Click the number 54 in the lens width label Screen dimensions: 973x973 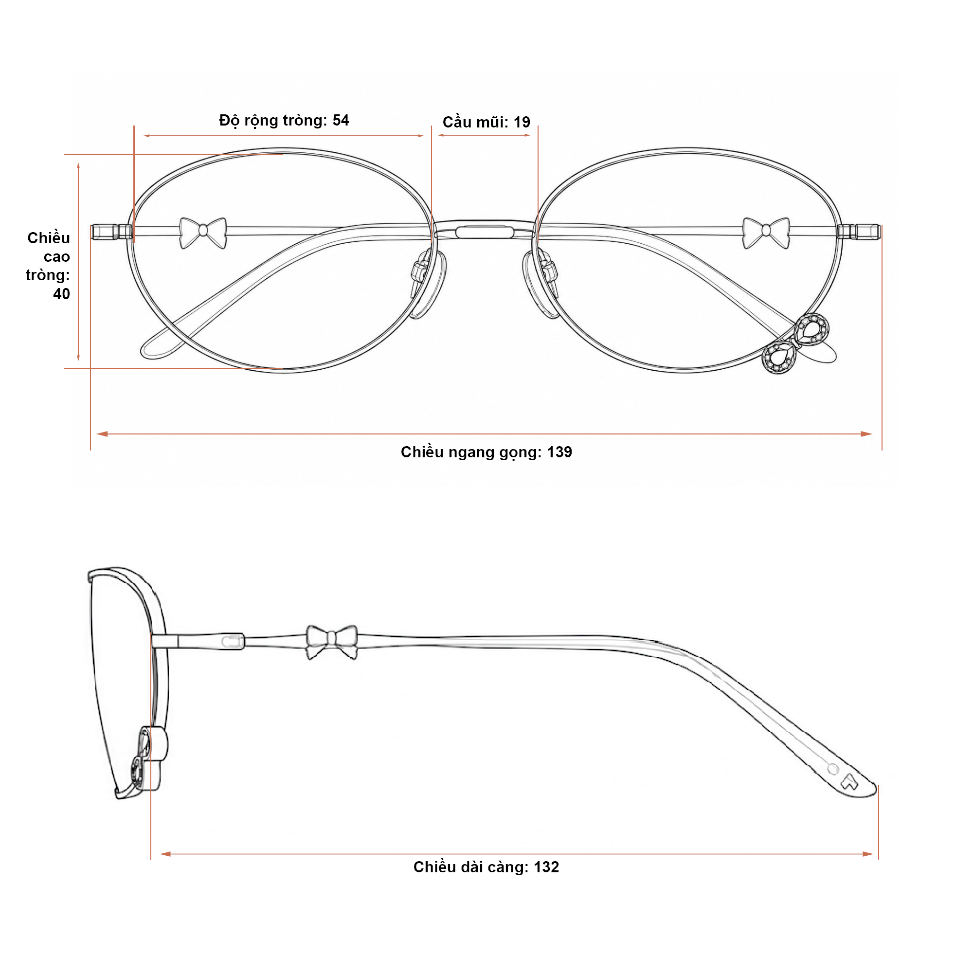pos(341,120)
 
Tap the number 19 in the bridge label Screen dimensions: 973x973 pos(522,123)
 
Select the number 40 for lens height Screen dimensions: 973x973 pos(61,294)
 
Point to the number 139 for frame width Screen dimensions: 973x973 pos(559,452)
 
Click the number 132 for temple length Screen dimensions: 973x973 pos(546,867)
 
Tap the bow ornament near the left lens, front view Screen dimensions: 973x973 pos(203,233)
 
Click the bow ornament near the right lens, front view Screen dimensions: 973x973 pos(766,233)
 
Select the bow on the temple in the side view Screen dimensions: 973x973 pos(332,643)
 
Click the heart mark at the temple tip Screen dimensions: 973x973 pos(849,781)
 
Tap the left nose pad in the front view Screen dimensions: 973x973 pos(427,283)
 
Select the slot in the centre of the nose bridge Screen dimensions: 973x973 pos(484,232)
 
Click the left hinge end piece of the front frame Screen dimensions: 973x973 pos(112,232)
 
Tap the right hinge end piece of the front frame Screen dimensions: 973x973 pos(859,232)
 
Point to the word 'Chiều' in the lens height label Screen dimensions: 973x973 pos(49,238)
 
